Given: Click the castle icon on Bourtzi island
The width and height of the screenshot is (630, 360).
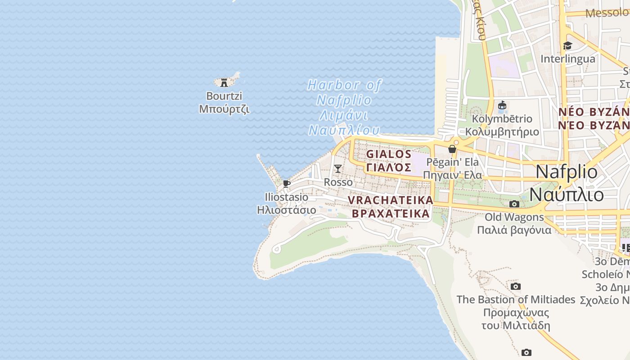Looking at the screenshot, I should [224, 82].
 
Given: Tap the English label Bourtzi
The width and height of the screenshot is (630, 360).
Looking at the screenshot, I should [224, 96].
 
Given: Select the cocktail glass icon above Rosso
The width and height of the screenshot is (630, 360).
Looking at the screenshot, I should [338, 169].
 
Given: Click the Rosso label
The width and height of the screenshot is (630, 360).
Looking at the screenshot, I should [338, 182].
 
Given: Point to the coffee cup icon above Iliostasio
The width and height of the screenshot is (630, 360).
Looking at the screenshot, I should [286, 184].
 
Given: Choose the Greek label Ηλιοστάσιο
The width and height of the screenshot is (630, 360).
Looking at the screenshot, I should [287, 210].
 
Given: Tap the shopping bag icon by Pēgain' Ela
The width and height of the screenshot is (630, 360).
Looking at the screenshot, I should [452, 148].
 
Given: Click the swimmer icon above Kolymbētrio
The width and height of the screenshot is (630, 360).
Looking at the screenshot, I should [502, 106].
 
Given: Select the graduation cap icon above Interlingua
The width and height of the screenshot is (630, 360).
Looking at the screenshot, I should [567, 45].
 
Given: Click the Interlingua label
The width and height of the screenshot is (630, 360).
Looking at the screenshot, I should [567, 59].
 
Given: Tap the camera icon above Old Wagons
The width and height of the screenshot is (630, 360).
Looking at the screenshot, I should [514, 204].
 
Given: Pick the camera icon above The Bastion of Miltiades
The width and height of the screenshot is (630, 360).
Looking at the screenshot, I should [516, 286].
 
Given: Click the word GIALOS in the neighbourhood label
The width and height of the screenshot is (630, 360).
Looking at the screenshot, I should [389, 154].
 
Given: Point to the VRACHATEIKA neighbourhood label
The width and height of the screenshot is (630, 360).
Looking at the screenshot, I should [391, 200].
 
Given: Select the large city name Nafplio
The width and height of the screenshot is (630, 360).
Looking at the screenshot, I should [566, 172].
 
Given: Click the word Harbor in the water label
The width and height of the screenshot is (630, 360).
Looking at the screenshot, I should [333, 85].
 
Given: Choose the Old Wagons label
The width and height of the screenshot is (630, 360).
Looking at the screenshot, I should [514, 217].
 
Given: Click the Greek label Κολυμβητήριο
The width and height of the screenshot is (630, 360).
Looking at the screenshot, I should [502, 132].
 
